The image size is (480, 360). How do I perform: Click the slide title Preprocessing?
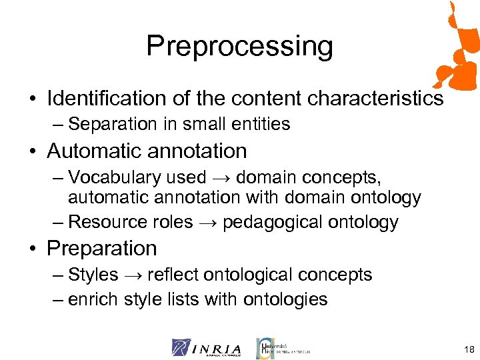click(239, 47)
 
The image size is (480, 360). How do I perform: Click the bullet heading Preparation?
click(102, 249)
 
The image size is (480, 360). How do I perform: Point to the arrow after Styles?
click(133, 275)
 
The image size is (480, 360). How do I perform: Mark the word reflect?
click(170, 275)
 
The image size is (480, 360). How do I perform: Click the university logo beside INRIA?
click(283, 348)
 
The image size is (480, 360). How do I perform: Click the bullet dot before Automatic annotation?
click(33, 152)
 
